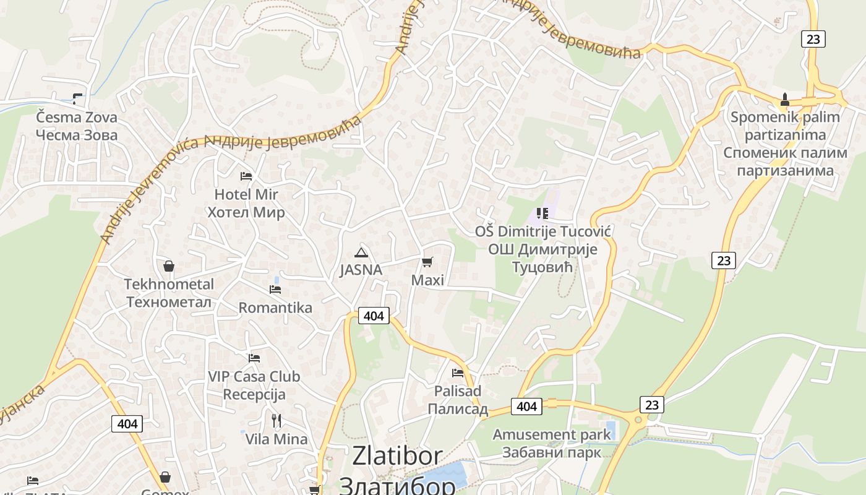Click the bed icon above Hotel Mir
click(x=246, y=176)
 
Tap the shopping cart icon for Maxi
click(x=427, y=262)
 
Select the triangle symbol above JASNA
click(x=361, y=252)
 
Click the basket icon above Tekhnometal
click(x=168, y=267)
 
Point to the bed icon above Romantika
click(x=275, y=289)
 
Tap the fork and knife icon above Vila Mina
click(x=277, y=421)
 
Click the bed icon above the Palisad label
click(x=458, y=372)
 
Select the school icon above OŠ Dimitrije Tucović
click(x=542, y=214)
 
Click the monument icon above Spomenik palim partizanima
click(x=785, y=100)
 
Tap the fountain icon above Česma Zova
click(x=77, y=98)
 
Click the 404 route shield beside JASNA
click(x=374, y=316)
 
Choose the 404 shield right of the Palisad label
click(x=526, y=406)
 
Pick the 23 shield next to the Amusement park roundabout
click(x=652, y=405)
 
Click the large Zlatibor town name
click(x=397, y=456)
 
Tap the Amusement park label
click(x=552, y=434)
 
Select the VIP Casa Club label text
click(x=254, y=376)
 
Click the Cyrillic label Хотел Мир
click(x=246, y=212)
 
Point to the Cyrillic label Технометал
click(x=169, y=302)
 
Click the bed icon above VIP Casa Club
click(x=254, y=358)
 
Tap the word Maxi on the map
click(x=427, y=280)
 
